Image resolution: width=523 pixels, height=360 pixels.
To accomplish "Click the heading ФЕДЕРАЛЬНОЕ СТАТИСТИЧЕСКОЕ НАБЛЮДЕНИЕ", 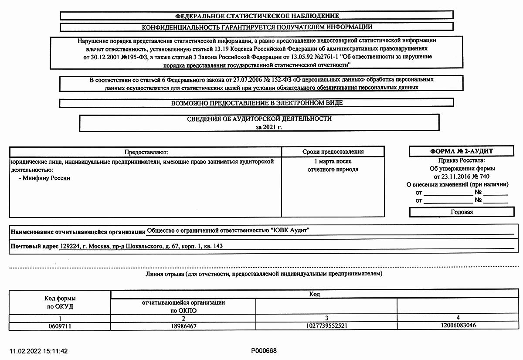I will point(257,16).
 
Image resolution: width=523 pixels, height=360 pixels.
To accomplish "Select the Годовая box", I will point(462,212).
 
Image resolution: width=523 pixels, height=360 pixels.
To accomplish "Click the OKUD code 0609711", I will point(60,326).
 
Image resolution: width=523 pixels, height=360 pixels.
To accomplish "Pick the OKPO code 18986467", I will point(183,326).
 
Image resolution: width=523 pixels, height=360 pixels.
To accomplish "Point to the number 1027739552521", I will point(326,326).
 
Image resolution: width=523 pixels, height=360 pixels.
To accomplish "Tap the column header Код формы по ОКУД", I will point(60,302).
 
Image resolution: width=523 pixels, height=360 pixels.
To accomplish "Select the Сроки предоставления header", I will point(333,152).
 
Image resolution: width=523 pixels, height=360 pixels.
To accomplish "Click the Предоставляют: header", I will point(146,152).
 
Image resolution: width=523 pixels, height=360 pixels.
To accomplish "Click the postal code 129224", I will point(69,246).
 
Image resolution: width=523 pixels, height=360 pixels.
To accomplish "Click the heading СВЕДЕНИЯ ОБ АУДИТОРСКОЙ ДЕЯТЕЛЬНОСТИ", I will point(259,119).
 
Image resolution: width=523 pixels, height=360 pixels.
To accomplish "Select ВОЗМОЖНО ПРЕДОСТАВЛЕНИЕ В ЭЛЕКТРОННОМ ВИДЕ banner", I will point(257,103).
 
